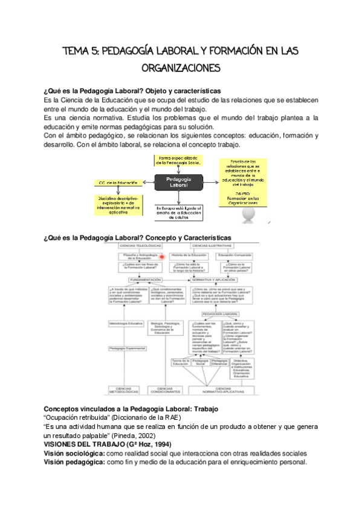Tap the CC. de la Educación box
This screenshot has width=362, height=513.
(116, 182)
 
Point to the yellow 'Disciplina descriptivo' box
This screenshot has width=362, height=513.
(116, 204)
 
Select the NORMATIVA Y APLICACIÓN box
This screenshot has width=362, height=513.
(223, 281)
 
